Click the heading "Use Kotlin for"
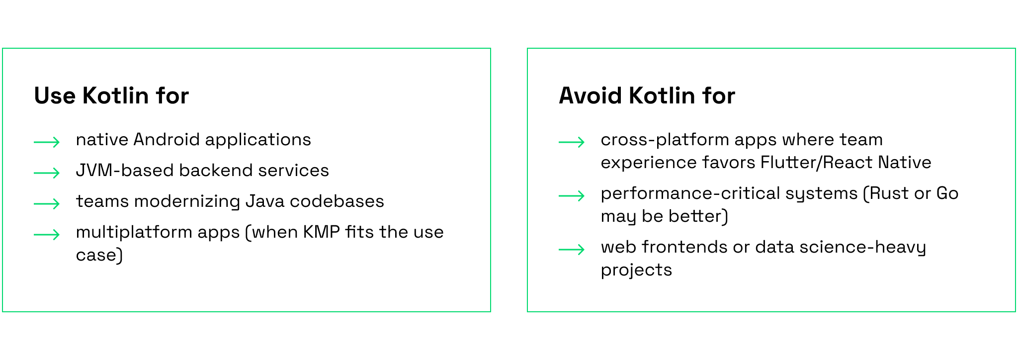coord(111,95)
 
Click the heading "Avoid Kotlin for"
coord(647,95)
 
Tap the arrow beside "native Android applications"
coord(47,142)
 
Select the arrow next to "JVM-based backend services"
coord(47,173)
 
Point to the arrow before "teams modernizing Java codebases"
coord(47,204)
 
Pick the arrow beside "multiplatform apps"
coord(47,235)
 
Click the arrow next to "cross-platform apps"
coord(572,142)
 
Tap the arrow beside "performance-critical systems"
coord(572,196)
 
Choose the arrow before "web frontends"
coord(572,250)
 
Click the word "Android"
coord(167,140)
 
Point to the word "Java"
coord(265,201)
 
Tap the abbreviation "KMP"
coord(322,232)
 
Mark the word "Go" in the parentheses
coord(947,193)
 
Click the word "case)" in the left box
coord(99,256)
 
